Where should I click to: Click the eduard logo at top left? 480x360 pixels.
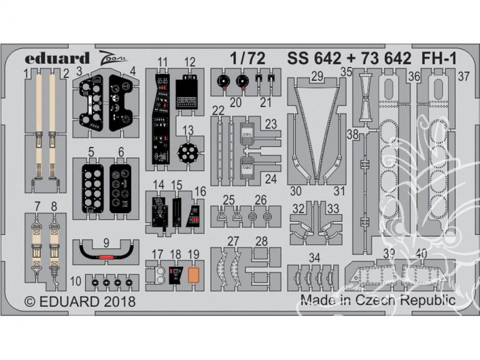coord(58,58)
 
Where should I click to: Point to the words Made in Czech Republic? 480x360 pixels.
coord(378,301)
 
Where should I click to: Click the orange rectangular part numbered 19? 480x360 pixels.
coord(194,273)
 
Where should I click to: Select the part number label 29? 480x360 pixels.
coord(317,77)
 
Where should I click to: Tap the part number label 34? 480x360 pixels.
coord(314,257)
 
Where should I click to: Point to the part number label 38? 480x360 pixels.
coord(353,135)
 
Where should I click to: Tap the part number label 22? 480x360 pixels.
coord(218,110)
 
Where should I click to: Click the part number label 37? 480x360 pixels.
coord(463,76)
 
